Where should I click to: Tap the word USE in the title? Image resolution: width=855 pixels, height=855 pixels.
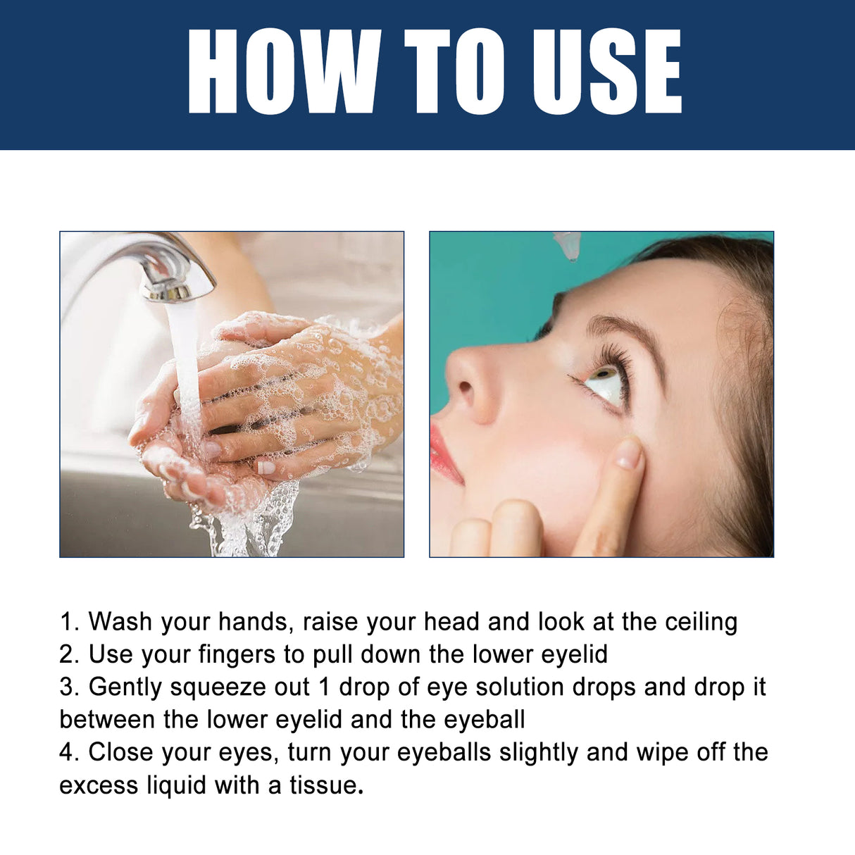coord(607,72)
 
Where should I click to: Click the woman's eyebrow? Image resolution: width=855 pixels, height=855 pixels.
coord(627,331)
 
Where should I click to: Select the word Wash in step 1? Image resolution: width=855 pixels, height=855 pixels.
coord(120,622)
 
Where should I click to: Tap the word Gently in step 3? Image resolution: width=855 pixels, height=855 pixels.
coord(125,687)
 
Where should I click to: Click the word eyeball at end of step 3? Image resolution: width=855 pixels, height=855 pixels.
coord(484,720)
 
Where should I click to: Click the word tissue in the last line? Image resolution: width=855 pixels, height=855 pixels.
coord(324,785)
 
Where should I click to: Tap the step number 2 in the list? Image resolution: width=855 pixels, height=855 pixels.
coord(68,654)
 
